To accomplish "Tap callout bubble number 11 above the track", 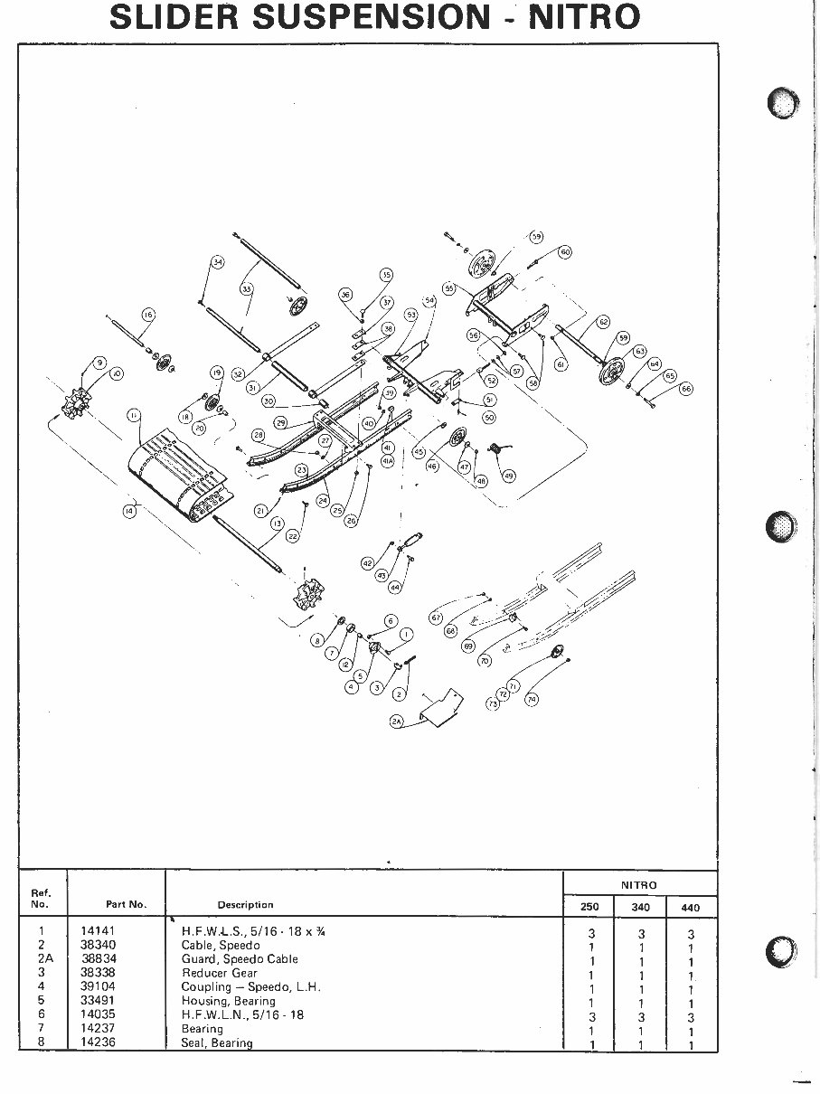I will click(133, 416).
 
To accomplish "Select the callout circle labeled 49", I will click(508, 476).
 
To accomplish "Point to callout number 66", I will click(685, 389).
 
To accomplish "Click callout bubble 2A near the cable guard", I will click(397, 721).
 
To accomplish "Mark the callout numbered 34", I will click(217, 262).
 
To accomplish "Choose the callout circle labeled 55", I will click(448, 288).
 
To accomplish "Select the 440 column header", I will click(692, 908).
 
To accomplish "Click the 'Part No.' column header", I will click(119, 904).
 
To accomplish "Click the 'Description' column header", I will click(245, 904).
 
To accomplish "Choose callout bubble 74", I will click(532, 699).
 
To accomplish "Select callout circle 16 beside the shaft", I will click(148, 315).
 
